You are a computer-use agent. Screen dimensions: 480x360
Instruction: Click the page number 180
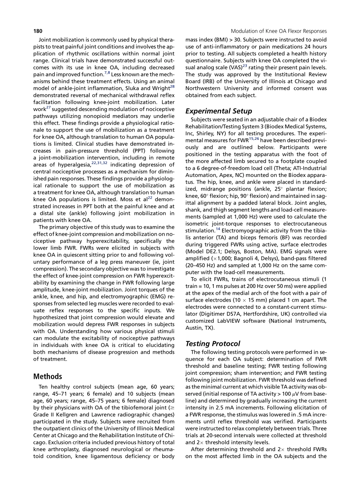click(38, 31)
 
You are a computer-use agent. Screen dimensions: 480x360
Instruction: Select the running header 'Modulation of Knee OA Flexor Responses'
click(279, 31)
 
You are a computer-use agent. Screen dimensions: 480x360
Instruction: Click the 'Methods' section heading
click(47, 376)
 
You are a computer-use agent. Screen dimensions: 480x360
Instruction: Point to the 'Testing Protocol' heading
click(213, 344)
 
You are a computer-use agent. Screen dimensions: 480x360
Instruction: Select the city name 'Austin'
click(194, 328)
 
